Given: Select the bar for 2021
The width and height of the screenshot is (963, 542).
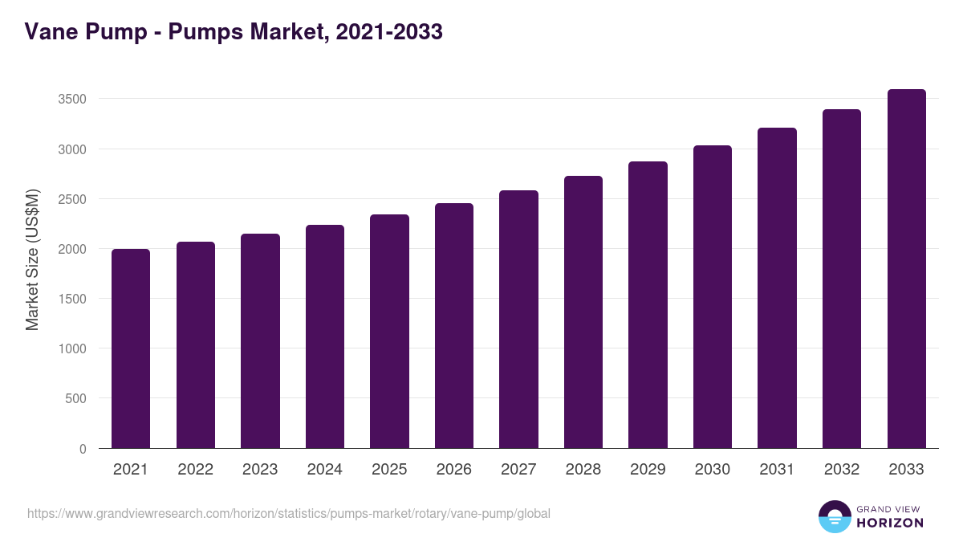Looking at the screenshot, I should click(131, 348).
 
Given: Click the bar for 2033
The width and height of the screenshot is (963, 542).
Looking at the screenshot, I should click(907, 269).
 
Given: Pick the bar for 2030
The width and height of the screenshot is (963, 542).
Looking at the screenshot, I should click(713, 297).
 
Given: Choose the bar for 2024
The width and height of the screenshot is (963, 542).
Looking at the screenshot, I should click(324, 336).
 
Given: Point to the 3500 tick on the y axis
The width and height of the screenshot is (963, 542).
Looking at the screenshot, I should click(71, 100).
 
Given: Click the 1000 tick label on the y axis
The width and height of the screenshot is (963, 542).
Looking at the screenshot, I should click(71, 348).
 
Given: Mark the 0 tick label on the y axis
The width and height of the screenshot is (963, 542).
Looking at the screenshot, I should click(83, 449).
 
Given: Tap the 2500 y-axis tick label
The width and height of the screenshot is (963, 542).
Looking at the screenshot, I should click(71, 199).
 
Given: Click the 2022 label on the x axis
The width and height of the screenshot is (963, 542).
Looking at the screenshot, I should click(195, 470).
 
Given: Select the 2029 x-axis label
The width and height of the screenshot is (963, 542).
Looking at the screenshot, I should click(648, 470).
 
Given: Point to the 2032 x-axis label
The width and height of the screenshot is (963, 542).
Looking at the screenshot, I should click(842, 470).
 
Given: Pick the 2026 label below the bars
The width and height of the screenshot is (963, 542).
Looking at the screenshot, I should click(454, 470).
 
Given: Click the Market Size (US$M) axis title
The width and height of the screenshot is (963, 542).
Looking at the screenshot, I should click(32, 259).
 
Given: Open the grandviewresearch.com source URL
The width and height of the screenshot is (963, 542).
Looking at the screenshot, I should click(289, 513).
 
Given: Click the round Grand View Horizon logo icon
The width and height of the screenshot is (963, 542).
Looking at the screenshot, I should click(834, 516).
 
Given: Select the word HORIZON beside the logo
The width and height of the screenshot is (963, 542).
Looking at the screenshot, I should click(890, 523).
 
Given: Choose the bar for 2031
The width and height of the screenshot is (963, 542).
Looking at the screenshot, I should click(777, 288).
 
